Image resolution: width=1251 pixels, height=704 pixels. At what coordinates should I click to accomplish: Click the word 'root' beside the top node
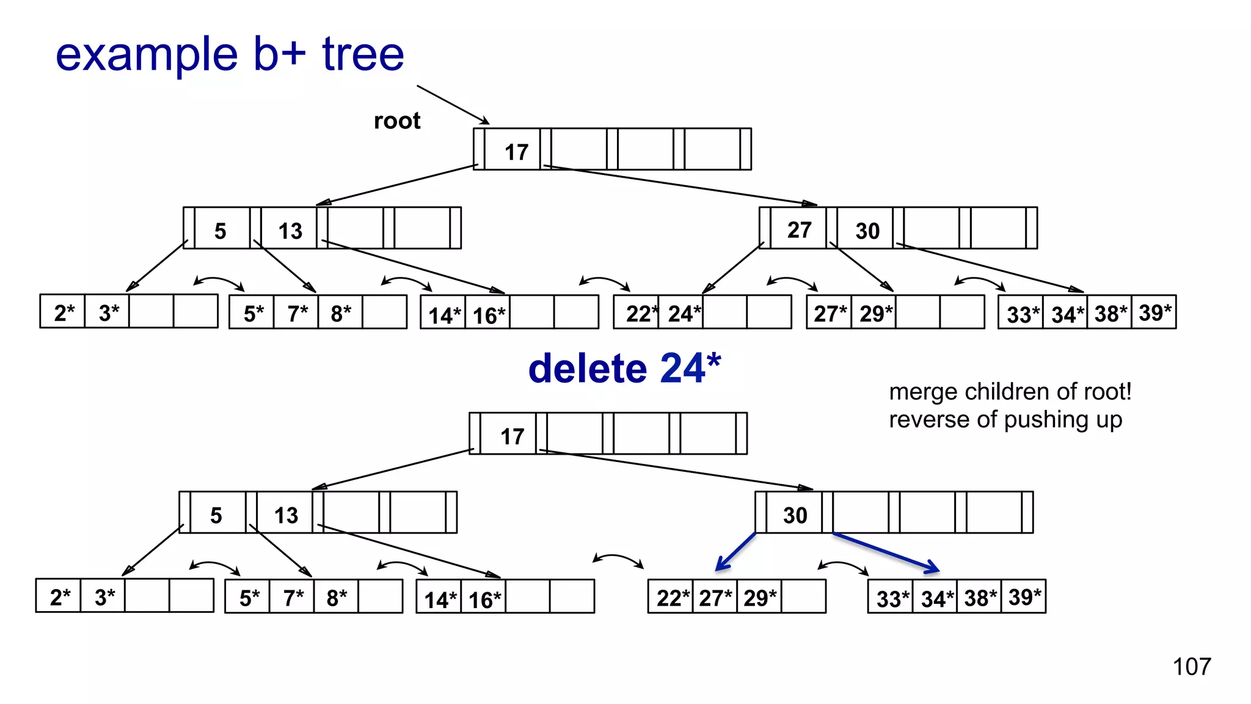397,120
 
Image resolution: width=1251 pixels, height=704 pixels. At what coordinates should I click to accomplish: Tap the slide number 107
1191,666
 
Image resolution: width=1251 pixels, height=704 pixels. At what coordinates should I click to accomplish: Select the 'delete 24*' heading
624,369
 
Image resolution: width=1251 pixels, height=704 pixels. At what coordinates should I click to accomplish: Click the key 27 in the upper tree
799,230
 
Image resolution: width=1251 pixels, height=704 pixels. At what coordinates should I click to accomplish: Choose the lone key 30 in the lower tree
795,515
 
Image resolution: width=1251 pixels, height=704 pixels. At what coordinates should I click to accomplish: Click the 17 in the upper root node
516,152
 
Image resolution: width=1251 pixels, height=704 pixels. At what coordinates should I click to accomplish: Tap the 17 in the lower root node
512,436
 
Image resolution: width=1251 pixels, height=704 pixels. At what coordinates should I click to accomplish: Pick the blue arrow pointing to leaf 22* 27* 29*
735,552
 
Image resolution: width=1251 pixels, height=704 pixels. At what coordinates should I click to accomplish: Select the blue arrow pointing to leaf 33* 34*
886,552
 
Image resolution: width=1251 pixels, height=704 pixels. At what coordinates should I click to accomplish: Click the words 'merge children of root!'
1010,392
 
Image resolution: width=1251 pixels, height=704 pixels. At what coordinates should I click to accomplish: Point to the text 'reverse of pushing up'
1005,420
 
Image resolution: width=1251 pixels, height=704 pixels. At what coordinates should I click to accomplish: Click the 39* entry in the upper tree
1154,312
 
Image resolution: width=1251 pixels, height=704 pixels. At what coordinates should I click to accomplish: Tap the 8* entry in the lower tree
337,597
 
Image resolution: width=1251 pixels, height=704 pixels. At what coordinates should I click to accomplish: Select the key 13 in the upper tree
290,231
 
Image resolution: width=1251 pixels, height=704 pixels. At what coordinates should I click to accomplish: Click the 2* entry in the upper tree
64,313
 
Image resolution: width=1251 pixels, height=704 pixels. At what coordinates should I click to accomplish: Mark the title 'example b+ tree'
230,54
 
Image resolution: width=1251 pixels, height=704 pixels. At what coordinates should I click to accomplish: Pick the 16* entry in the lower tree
484,599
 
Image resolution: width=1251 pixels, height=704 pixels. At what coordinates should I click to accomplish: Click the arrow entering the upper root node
453,105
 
